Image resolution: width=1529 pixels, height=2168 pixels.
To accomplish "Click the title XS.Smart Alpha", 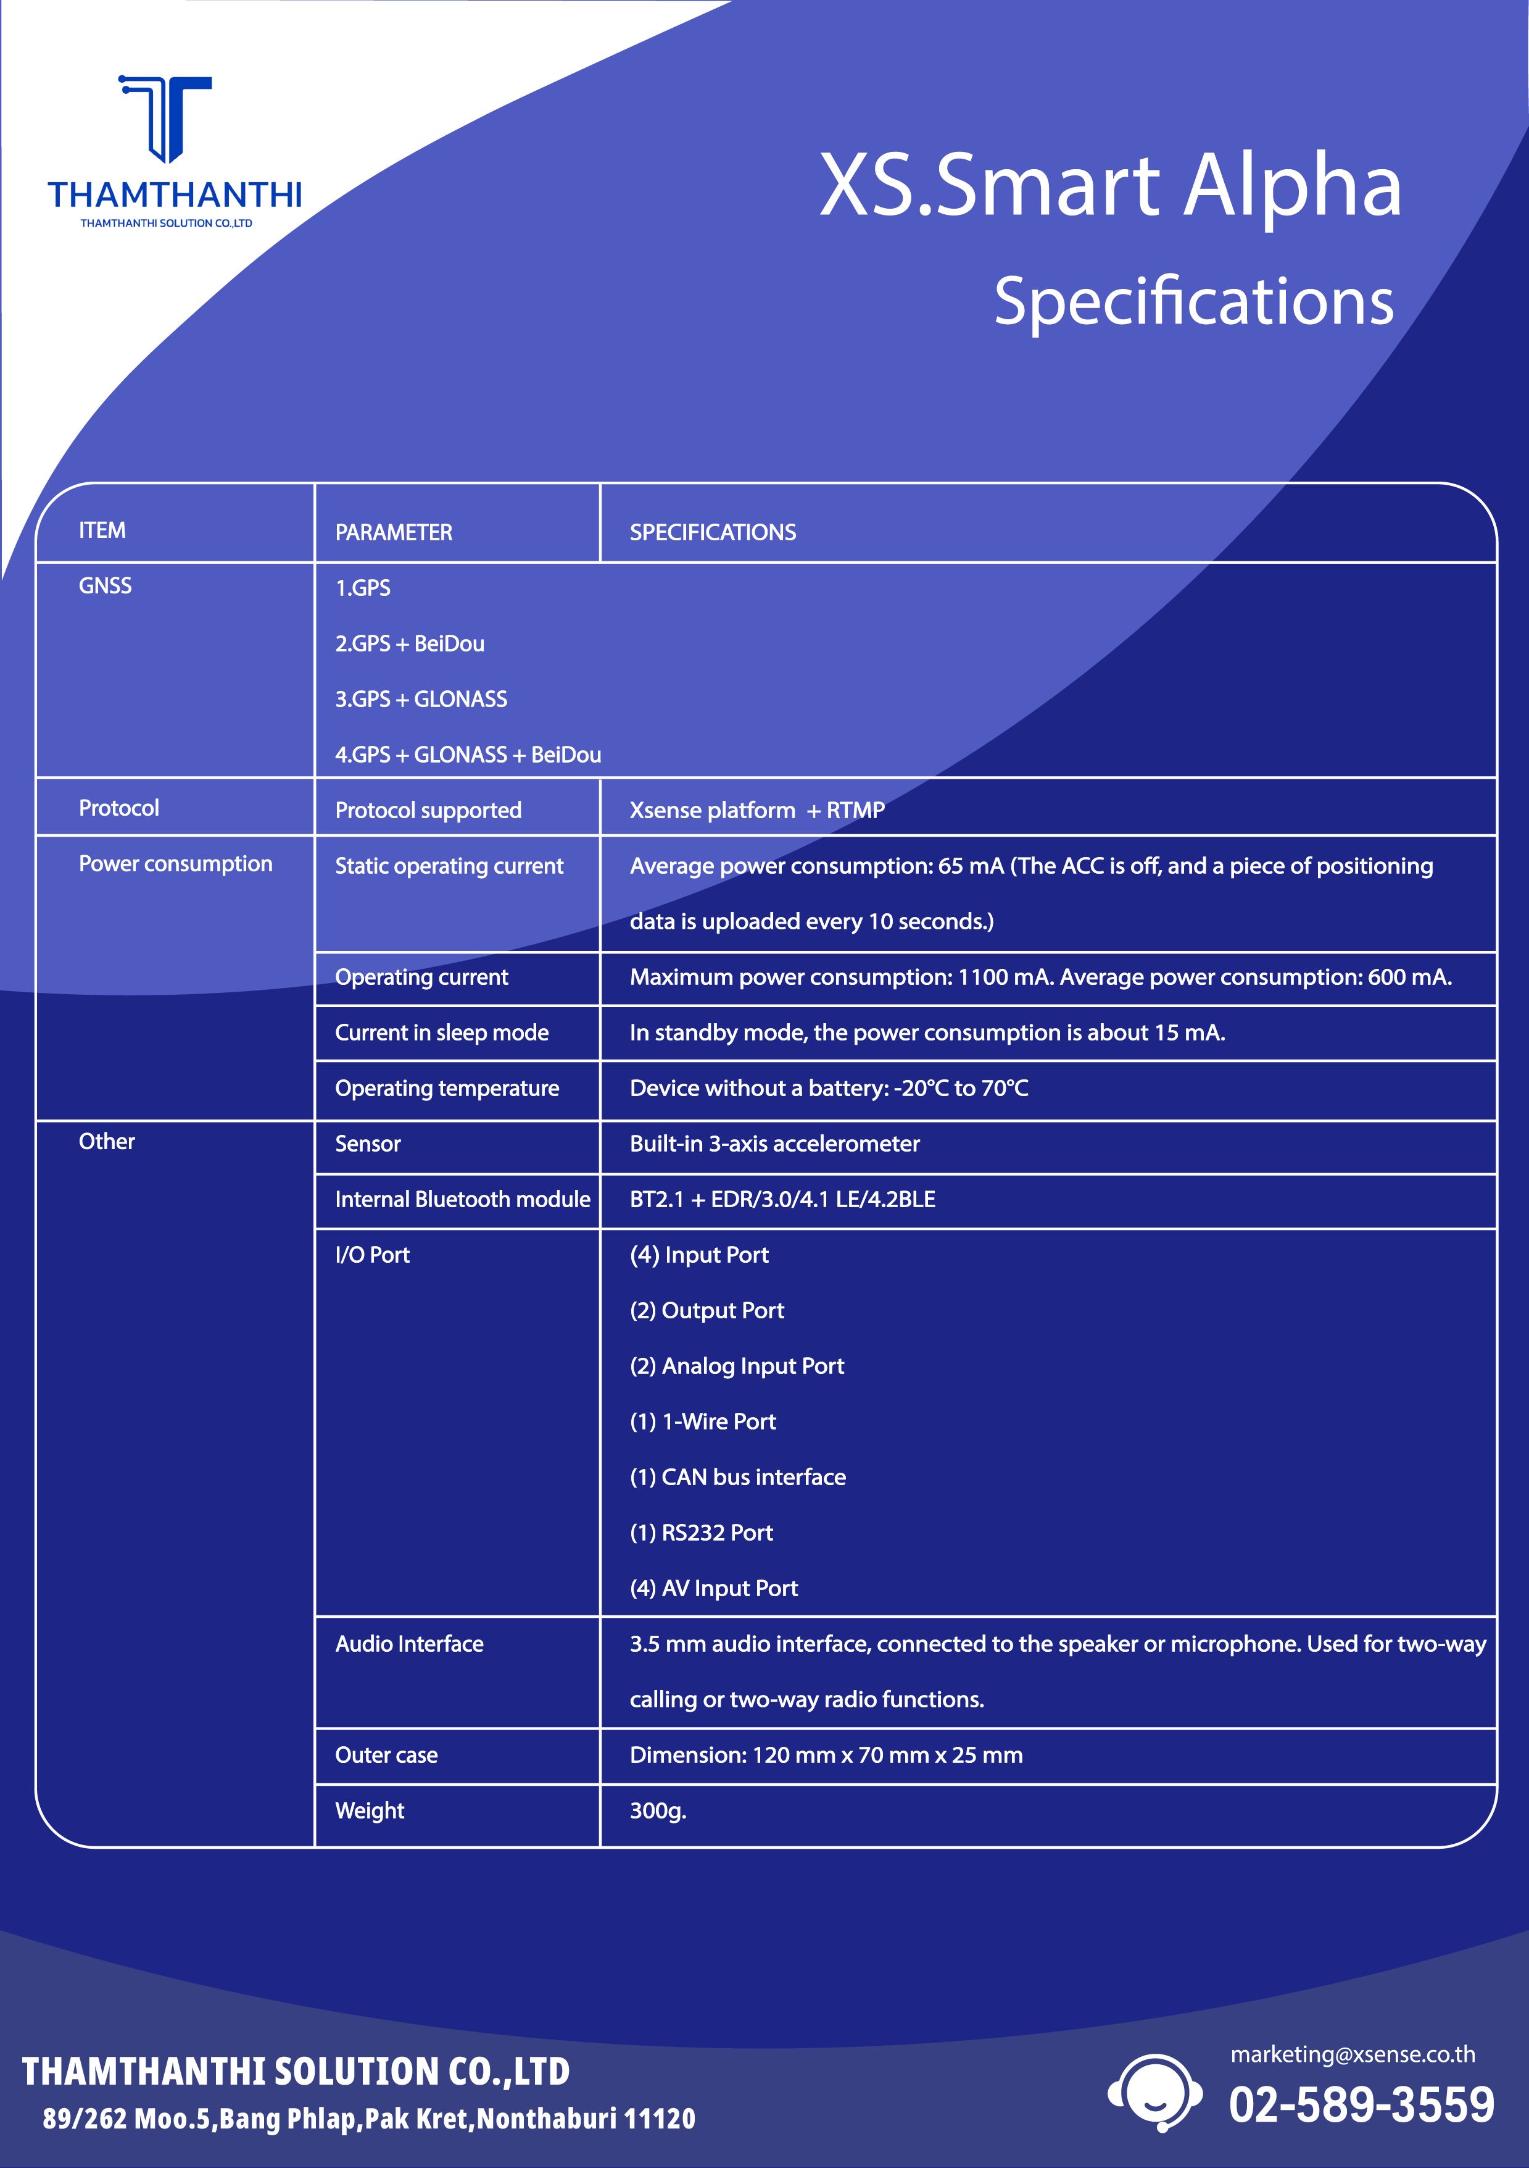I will [1110, 185].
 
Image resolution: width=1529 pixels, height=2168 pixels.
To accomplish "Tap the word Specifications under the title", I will [1194, 302].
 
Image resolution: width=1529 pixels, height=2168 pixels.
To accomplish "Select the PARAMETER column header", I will [394, 532].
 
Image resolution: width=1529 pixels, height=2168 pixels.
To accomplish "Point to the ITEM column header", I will [102, 530].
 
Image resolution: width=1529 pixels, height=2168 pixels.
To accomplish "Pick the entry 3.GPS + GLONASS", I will [421, 700].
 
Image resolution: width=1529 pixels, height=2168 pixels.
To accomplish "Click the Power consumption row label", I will [176, 864].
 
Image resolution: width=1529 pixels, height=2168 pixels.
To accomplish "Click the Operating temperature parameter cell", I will [447, 1089].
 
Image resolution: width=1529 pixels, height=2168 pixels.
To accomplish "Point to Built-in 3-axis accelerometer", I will [774, 1144].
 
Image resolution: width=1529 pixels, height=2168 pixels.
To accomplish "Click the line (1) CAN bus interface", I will [737, 1478].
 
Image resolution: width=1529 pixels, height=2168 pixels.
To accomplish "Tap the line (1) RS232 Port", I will [702, 1533].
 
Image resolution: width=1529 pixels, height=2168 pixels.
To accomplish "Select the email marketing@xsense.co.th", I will [1353, 2054].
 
